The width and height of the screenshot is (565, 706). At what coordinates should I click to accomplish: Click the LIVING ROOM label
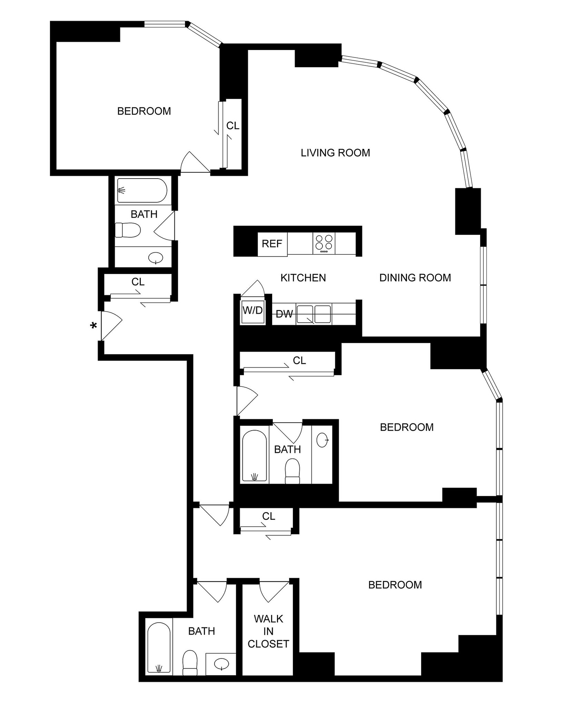pos(335,153)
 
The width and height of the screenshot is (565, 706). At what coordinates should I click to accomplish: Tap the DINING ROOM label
pos(415,278)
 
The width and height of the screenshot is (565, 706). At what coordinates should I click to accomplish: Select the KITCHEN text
pos(303,278)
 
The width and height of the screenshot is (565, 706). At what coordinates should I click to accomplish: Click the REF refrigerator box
pos(272,244)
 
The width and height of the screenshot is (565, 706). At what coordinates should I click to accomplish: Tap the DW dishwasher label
pos(284,314)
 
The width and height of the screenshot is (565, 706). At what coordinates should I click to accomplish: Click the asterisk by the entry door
pos(93,326)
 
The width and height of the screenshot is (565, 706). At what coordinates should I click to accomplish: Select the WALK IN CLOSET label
pos(268,631)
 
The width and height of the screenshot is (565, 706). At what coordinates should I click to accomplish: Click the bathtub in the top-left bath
pos(142,190)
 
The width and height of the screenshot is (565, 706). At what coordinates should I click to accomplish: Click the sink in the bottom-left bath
pos(221,664)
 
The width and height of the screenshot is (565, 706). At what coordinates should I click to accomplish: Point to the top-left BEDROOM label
pos(144,111)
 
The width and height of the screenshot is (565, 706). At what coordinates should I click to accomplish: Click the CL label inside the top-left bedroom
pos(232,126)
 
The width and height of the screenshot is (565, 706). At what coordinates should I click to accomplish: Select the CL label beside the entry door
pos(138,282)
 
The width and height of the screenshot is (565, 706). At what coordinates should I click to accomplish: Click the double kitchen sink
pos(314,314)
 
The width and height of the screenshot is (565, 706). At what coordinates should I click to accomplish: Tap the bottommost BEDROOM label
pos(395,585)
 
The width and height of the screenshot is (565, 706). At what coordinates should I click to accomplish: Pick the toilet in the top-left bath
pos(128,230)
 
